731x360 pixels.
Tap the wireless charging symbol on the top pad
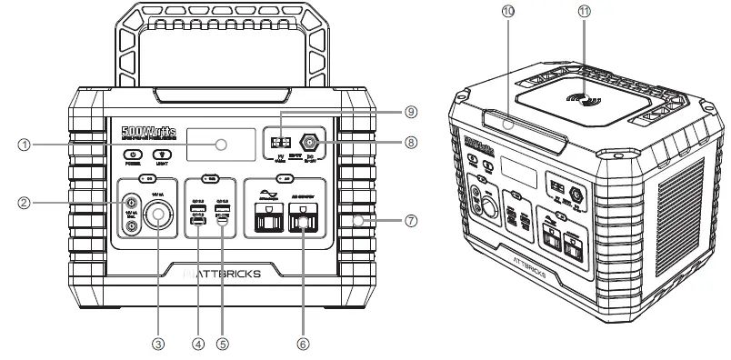tap(582, 97)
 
